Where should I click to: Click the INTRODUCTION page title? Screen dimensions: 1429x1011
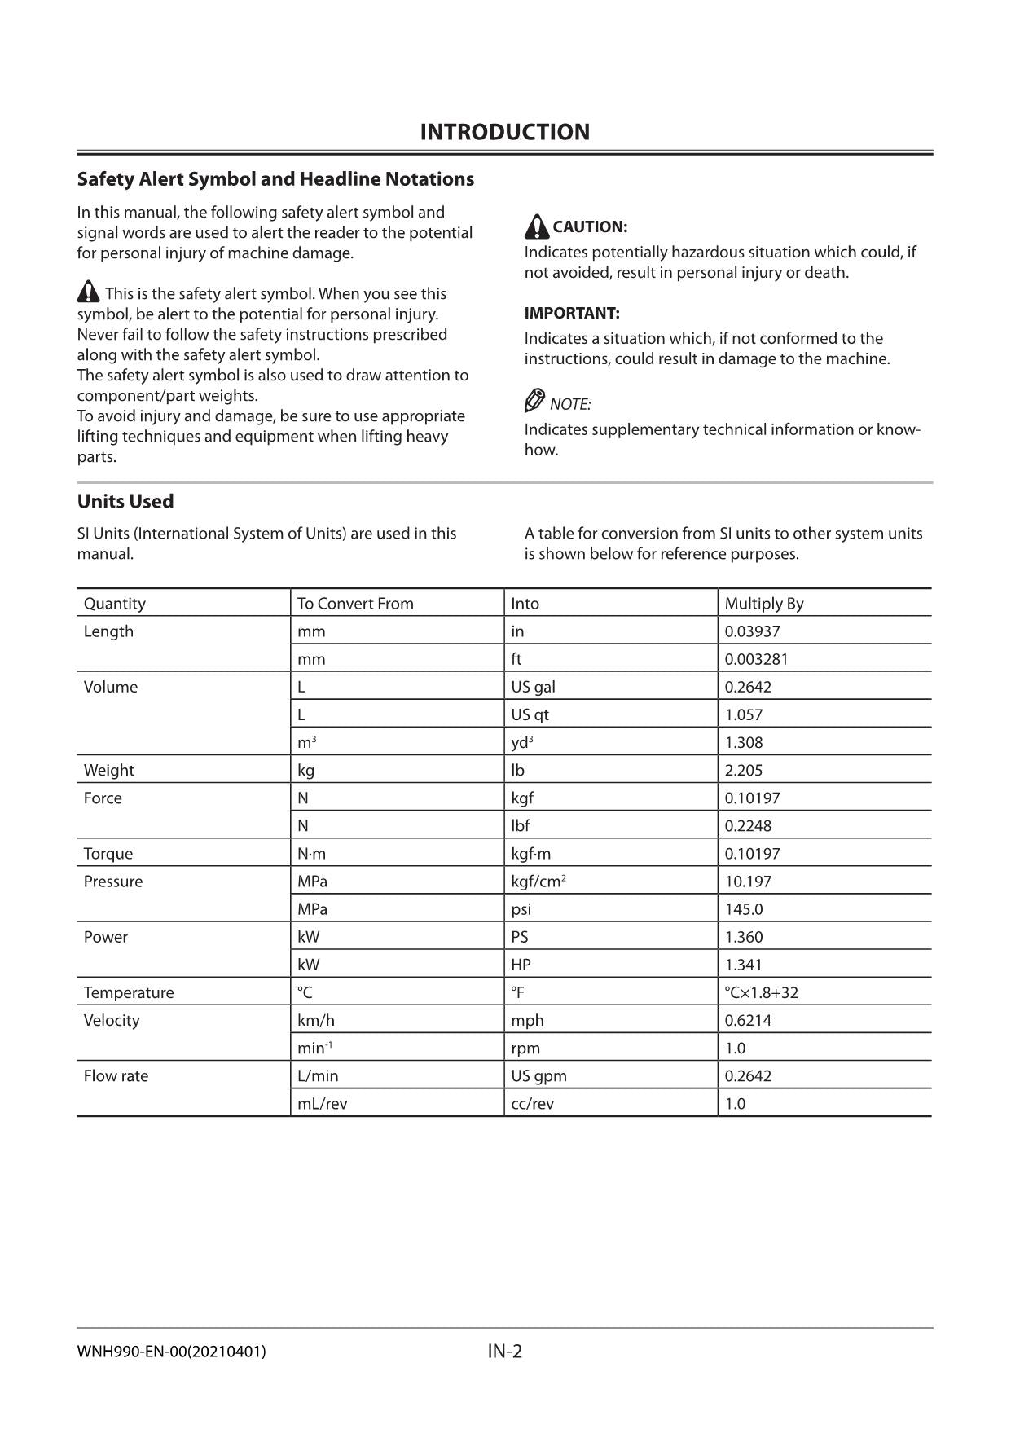[504, 132]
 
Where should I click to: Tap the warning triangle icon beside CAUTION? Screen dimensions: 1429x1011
[536, 226]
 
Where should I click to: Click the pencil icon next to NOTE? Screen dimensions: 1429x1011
[534, 401]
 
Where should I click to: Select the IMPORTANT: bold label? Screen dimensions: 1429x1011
[572, 313]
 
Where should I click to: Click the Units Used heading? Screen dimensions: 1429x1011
[125, 501]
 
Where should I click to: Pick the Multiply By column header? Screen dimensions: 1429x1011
[763, 604]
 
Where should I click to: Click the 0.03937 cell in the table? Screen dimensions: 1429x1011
[752, 631]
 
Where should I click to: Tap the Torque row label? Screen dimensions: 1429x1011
[108, 854]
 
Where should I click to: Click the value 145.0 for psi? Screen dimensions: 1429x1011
[744, 909]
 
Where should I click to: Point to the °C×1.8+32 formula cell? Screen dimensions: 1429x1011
[761, 992]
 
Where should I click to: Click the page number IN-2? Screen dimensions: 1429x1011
[504, 1351]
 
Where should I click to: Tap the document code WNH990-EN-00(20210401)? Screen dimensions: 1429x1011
[171, 1352]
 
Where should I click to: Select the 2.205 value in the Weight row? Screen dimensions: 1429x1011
[744, 770]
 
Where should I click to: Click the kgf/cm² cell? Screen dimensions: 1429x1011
[538, 882]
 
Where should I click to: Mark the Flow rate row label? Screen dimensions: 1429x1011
[116, 1075]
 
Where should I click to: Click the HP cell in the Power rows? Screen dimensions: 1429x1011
[521, 965]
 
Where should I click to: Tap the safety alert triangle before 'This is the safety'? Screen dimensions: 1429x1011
[89, 292]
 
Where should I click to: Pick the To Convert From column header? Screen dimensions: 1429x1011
[355, 604]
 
